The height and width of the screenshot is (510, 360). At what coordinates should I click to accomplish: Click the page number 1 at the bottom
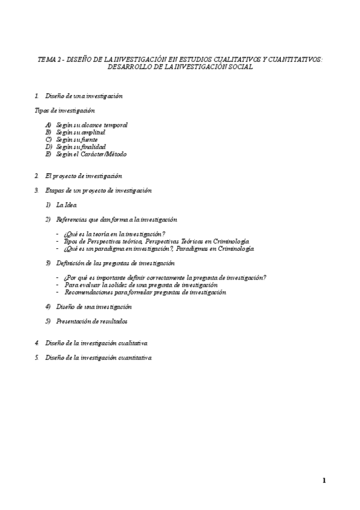coord(324,480)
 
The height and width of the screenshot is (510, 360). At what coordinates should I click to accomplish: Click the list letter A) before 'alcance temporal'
coord(49,125)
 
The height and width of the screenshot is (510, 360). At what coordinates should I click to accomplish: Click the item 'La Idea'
coord(67,205)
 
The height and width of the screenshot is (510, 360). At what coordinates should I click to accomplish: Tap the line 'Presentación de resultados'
coord(92,321)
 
